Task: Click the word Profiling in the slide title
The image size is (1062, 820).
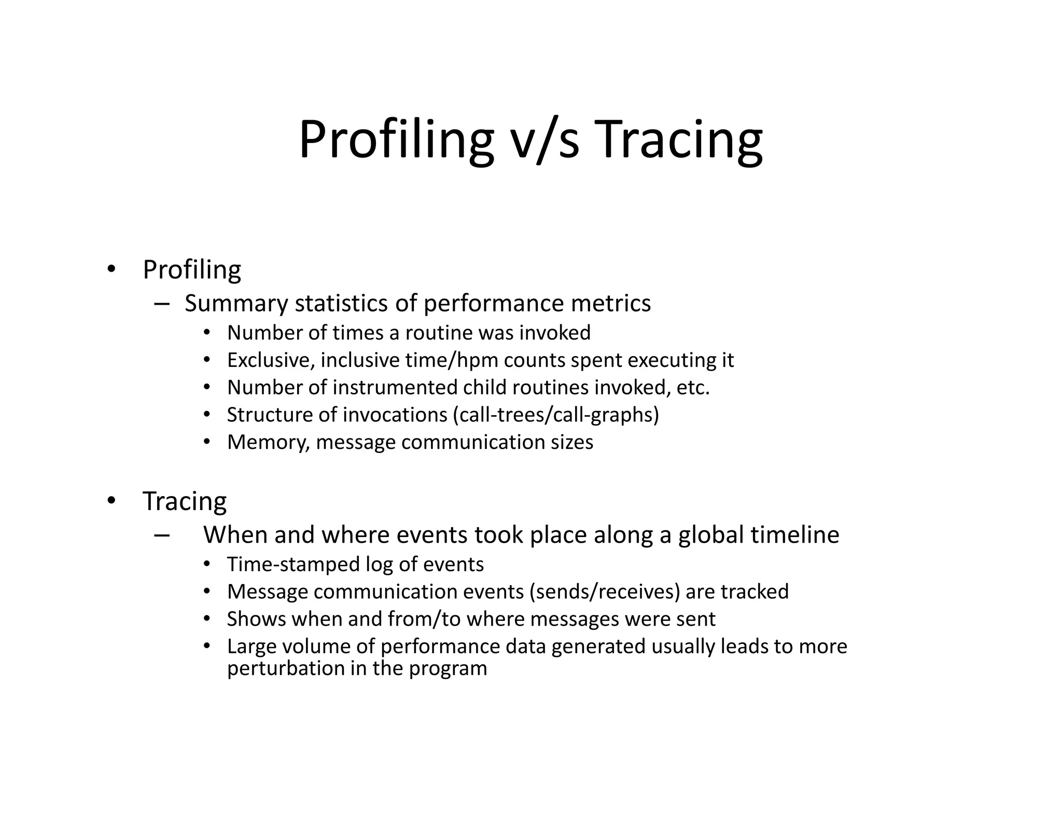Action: (x=396, y=140)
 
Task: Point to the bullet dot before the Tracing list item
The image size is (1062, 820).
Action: (x=111, y=501)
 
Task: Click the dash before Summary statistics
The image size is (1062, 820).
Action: (x=162, y=304)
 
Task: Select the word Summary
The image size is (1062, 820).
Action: (x=236, y=304)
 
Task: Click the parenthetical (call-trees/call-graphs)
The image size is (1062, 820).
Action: (x=555, y=415)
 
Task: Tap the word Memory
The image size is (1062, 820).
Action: (x=268, y=443)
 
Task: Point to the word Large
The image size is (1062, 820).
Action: (x=250, y=647)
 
